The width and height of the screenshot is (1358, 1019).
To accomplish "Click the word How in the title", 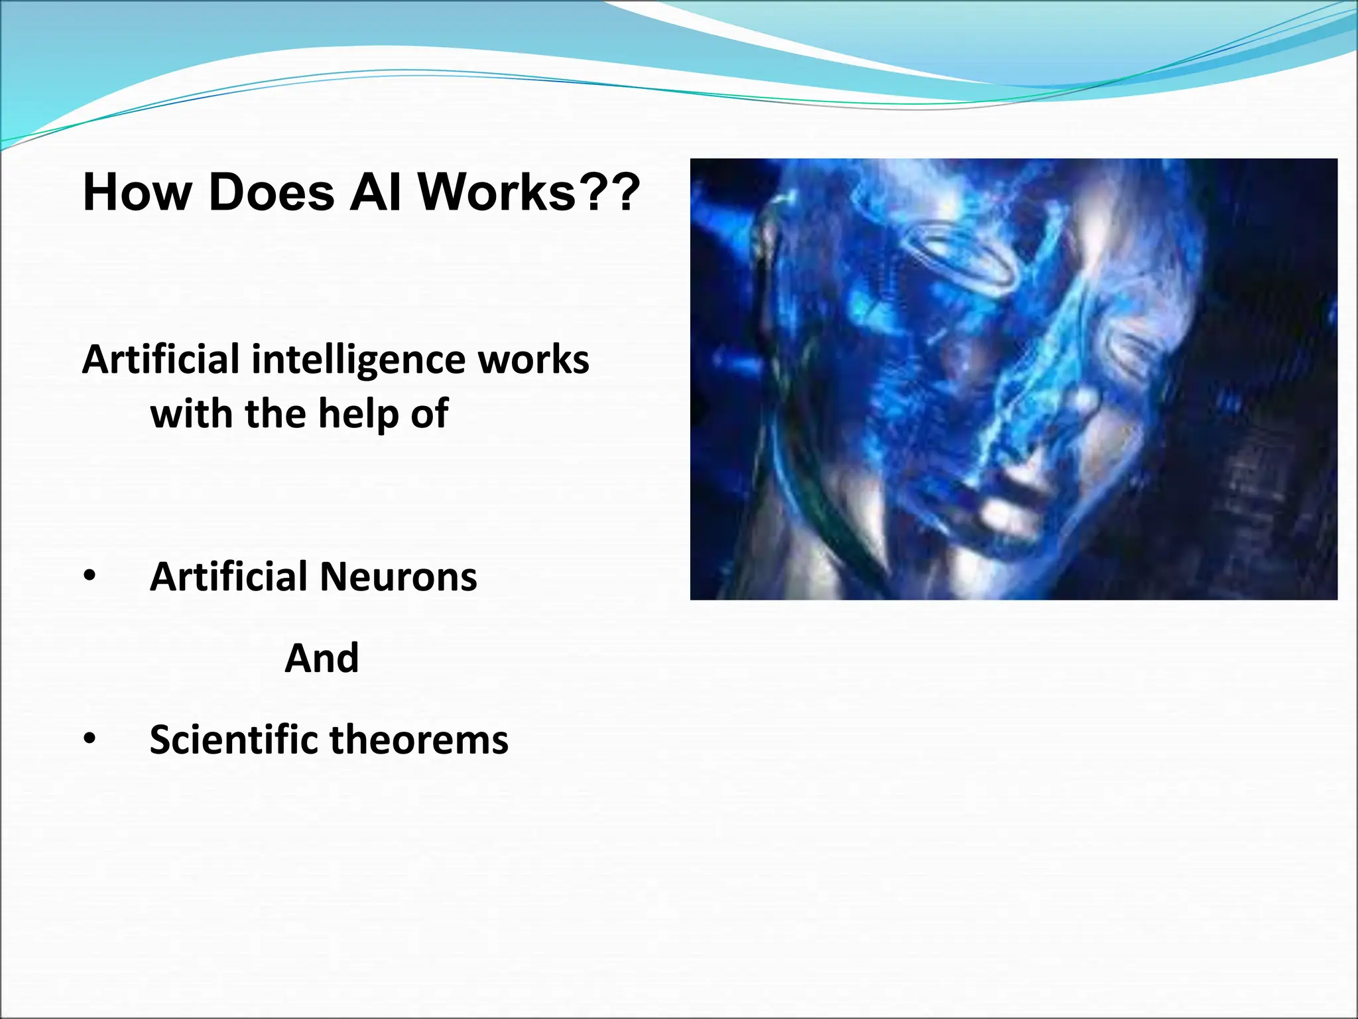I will tap(136, 193).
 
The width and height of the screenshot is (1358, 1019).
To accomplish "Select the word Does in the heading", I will tap(271, 193).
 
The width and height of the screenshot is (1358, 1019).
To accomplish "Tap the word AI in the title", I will tap(375, 193).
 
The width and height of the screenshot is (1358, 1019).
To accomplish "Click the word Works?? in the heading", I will tap(528, 193).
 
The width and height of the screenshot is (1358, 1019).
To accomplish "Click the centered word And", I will tap(322, 658).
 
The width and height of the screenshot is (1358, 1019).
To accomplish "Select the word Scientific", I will tap(234, 739).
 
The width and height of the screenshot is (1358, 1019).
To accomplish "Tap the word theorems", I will tap(418, 739).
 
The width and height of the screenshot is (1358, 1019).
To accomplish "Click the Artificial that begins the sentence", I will tap(160, 360).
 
